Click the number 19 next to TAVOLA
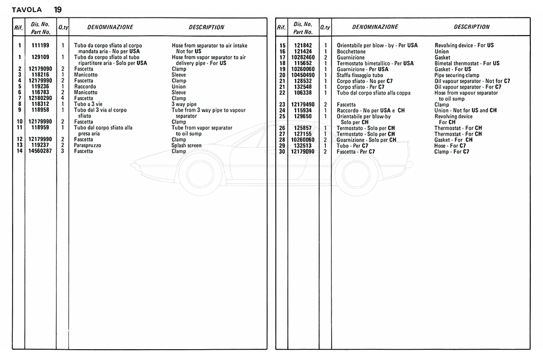pyautogui.click(x=57, y=9)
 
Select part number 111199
pyautogui.click(x=40, y=46)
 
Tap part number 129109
pyautogui.click(x=40, y=57)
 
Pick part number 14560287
pyautogui.click(x=40, y=151)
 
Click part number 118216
pyautogui.click(x=40, y=74)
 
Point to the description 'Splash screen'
pyautogui.click(x=186, y=145)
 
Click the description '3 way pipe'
pyautogui.click(x=184, y=104)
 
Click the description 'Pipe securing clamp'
pyautogui.click(x=457, y=75)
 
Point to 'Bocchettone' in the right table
pyautogui.click(x=351, y=52)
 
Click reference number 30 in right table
pyautogui.click(x=282, y=151)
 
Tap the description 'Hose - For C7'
pyautogui.click(x=450, y=145)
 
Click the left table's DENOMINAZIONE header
pyautogui.click(x=110, y=27)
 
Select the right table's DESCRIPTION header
pyautogui.click(x=471, y=27)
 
